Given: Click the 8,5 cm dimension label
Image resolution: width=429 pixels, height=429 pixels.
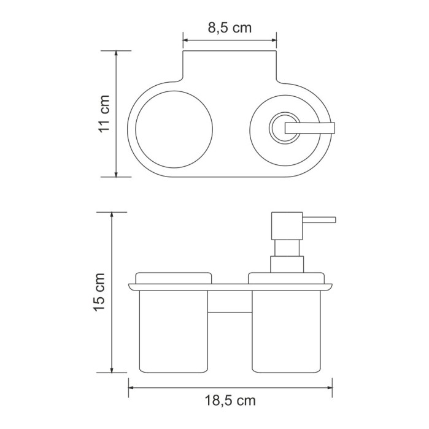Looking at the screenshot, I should point(229,28).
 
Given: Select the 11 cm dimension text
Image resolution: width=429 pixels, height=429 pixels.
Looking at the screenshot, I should point(105,114).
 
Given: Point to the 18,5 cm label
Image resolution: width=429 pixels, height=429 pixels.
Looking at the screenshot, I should point(230,401).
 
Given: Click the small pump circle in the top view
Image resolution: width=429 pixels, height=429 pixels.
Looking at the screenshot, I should point(282,126).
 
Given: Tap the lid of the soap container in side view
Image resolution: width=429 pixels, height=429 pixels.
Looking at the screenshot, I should point(286,278).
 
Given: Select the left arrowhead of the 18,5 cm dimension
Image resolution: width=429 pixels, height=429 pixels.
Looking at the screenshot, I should point(131,387).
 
